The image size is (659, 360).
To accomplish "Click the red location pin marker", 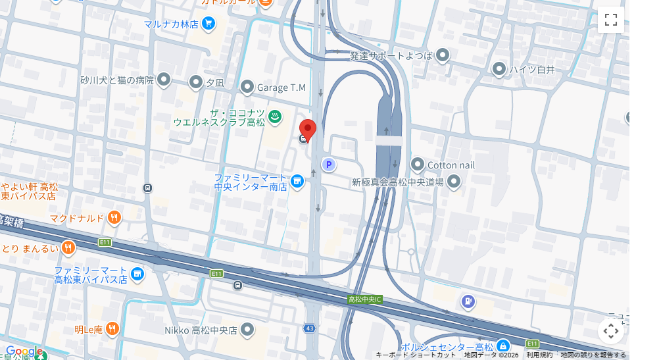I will tap(308, 130).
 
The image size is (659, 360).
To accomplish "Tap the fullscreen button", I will tap(610, 20).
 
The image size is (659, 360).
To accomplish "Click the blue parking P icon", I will tap(328, 165).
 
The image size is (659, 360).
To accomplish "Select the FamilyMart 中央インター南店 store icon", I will tap(297, 180).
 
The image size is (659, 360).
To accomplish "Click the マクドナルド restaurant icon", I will tap(114, 217).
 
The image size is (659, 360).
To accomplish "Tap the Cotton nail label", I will tap(451, 165).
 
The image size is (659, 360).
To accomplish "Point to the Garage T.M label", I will tap(281, 88).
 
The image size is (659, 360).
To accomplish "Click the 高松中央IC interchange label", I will tap(365, 299).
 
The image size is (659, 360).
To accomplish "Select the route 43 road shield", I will tap(310, 328).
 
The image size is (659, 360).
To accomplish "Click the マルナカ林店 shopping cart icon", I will tap(208, 24).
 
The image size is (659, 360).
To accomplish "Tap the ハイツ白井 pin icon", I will tap(499, 69).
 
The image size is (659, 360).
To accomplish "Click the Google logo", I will tap(24, 351).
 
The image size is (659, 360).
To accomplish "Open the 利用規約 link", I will tap(539, 355).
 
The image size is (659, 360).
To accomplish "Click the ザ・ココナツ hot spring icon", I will tap(276, 116).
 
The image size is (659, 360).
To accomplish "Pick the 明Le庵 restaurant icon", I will tap(113, 328).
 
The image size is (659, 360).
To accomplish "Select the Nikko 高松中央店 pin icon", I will tap(247, 329).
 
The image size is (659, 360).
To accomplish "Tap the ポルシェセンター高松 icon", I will tap(502, 346).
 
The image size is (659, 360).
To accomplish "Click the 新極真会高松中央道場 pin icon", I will tap(453, 182).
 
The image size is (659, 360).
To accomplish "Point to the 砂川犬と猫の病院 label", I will tap(116, 80).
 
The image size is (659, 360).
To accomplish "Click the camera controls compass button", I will tap(610, 330).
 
